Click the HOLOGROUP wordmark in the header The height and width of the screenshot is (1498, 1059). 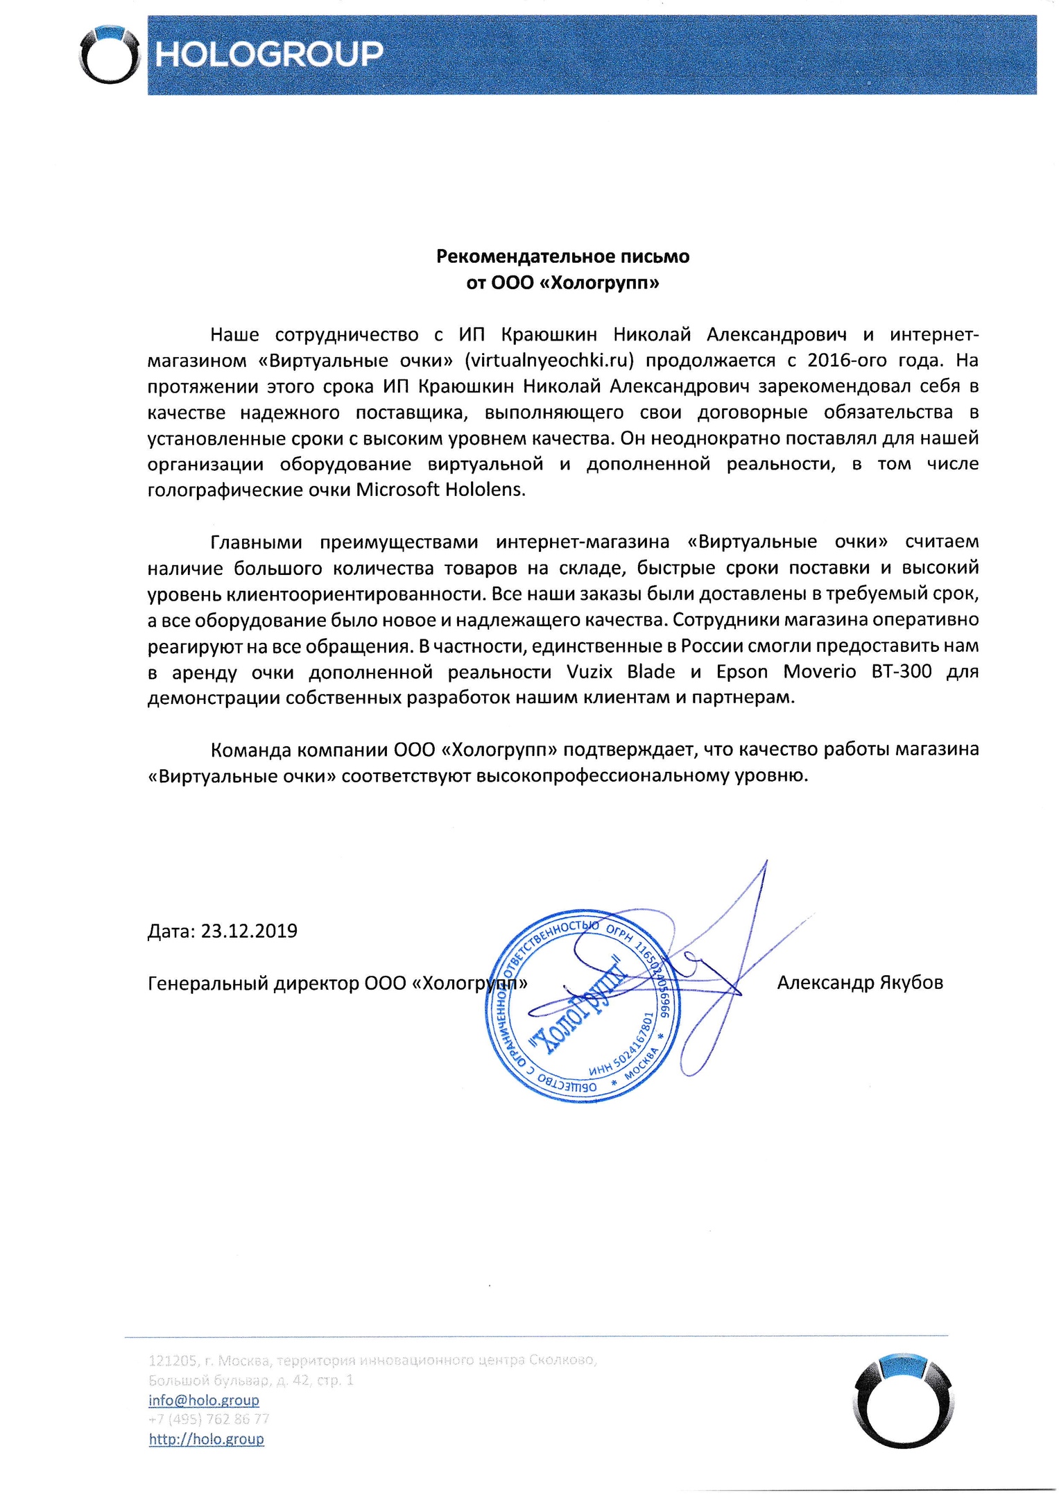pyautogui.click(x=268, y=54)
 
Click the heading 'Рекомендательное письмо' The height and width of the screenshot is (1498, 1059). pyautogui.click(x=562, y=257)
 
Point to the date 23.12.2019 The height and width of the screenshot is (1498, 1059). pyautogui.click(x=249, y=931)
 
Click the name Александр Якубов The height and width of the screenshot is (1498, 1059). pyautogui.click(x=859, y=983)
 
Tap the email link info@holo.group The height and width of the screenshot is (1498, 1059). pyautogui.click(x=203, y=1400)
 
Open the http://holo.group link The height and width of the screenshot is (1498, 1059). pyautogui.click(x=206, y=1439)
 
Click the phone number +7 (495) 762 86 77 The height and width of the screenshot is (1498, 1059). pyautogui.click(x=209, y=1419)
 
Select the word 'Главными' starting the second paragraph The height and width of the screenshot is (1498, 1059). pyautogui.click(x=255, y=542)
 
